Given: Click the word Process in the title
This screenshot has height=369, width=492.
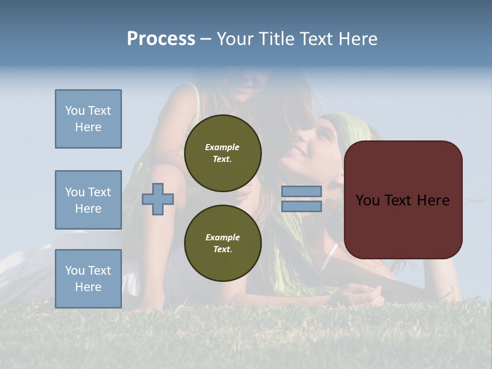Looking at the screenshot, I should (x=161, y=39).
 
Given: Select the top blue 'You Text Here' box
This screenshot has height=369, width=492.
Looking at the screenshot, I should (x=88, y=119).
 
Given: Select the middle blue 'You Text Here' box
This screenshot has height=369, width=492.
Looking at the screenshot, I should (x=88, y=200).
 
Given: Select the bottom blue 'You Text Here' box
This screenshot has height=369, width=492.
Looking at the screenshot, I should (x=88, y=278).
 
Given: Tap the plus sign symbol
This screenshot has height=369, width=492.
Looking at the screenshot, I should (x=158, y=199).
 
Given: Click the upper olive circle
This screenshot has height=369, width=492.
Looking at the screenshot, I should (x=222, y=153).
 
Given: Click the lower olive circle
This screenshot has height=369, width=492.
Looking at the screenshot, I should (x=222, y=243).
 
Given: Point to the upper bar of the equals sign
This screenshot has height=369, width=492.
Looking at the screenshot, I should (x=301, y=192).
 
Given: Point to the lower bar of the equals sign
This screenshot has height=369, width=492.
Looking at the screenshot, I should (x=301, y=207).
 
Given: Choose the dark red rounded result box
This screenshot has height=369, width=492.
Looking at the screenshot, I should (x=403, y=225).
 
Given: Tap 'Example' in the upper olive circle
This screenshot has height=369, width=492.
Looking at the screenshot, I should (x=222, y=147).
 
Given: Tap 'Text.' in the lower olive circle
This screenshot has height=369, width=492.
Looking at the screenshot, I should (x=222, y=250).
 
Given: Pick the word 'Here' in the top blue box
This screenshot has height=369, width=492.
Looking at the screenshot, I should (x=88, y=127).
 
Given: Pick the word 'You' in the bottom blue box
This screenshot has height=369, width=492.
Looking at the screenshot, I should (x=74, y=271).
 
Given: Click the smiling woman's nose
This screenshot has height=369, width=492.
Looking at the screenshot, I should (x=298, y=138).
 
